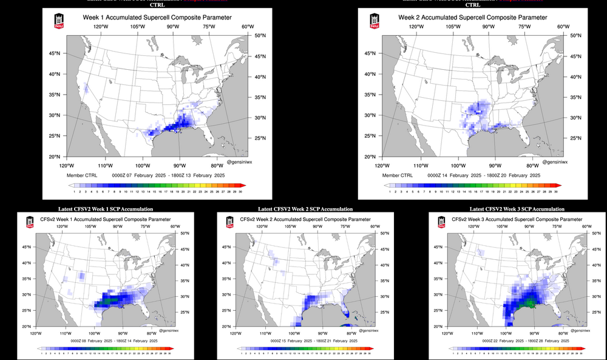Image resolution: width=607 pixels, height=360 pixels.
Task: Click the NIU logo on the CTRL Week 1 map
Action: coord(59,20)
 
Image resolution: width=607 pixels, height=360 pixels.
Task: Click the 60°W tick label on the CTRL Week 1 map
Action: coord(248,27)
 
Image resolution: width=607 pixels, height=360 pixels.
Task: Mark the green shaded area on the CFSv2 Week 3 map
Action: coord(529,302)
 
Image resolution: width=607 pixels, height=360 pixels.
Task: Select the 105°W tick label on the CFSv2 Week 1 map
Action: coord(90,226)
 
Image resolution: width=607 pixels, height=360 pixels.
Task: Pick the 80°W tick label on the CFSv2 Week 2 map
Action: coord(351,333)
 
